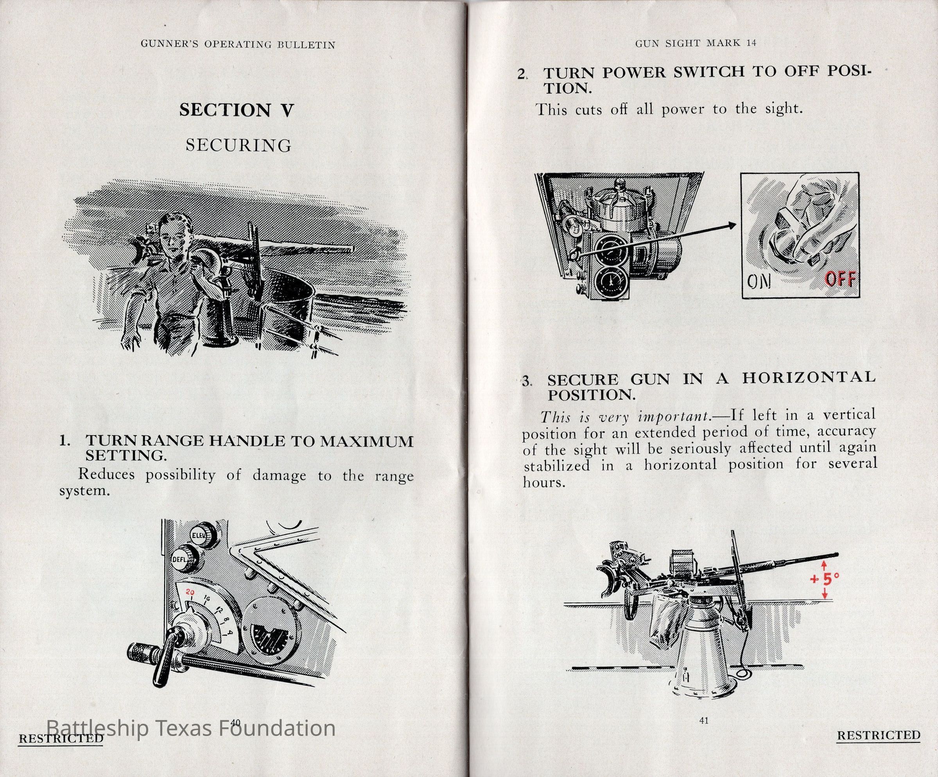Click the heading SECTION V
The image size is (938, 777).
click(236, 110)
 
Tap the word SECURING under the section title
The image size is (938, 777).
click(239, 145)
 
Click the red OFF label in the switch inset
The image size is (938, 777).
click(840, 279)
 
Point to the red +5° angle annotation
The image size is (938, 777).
click(825, 579)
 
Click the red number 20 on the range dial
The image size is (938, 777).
click(190, 593)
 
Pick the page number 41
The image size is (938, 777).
click(704, 720)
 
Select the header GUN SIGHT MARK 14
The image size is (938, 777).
click(696, 43)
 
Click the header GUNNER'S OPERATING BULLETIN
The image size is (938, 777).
click(238, 45)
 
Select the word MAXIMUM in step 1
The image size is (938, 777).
click(367, 441)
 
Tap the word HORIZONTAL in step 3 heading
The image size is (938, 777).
click(809, 378)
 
